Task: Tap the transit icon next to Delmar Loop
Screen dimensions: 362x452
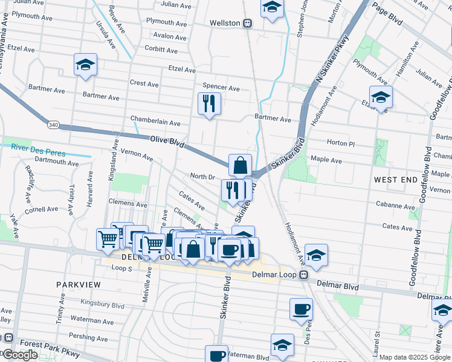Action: pos(305,275)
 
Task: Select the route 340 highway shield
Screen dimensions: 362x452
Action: pos(53,124)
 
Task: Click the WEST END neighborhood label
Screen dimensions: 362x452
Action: pos(395,180)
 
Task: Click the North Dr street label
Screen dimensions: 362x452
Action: pos(202,177)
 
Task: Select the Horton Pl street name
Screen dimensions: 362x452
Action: pos(340,143)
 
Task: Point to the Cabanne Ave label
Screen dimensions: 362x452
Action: pos(393,205)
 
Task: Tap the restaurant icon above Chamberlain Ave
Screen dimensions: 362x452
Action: pos(209,104)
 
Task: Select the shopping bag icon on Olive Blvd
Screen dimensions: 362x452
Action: pos(240,165)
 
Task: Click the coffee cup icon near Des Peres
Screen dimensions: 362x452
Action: pos(301,310)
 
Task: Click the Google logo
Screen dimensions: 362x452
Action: pos(20,355)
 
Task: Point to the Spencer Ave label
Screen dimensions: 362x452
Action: pos(221,87)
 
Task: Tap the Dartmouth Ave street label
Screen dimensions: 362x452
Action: pos(57,162)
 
